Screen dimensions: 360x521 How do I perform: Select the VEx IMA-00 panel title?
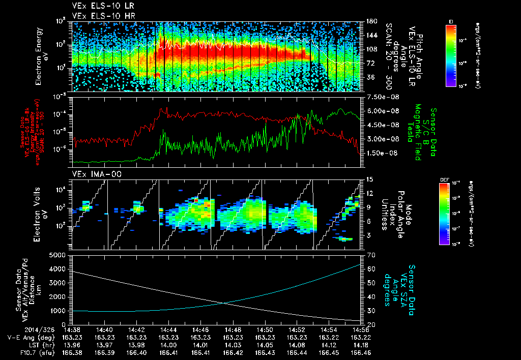point(94,174)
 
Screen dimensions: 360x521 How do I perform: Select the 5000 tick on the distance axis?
point(60,255)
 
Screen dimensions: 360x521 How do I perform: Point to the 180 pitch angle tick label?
point(371,21)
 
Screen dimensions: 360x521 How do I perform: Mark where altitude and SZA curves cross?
point(224,303)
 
